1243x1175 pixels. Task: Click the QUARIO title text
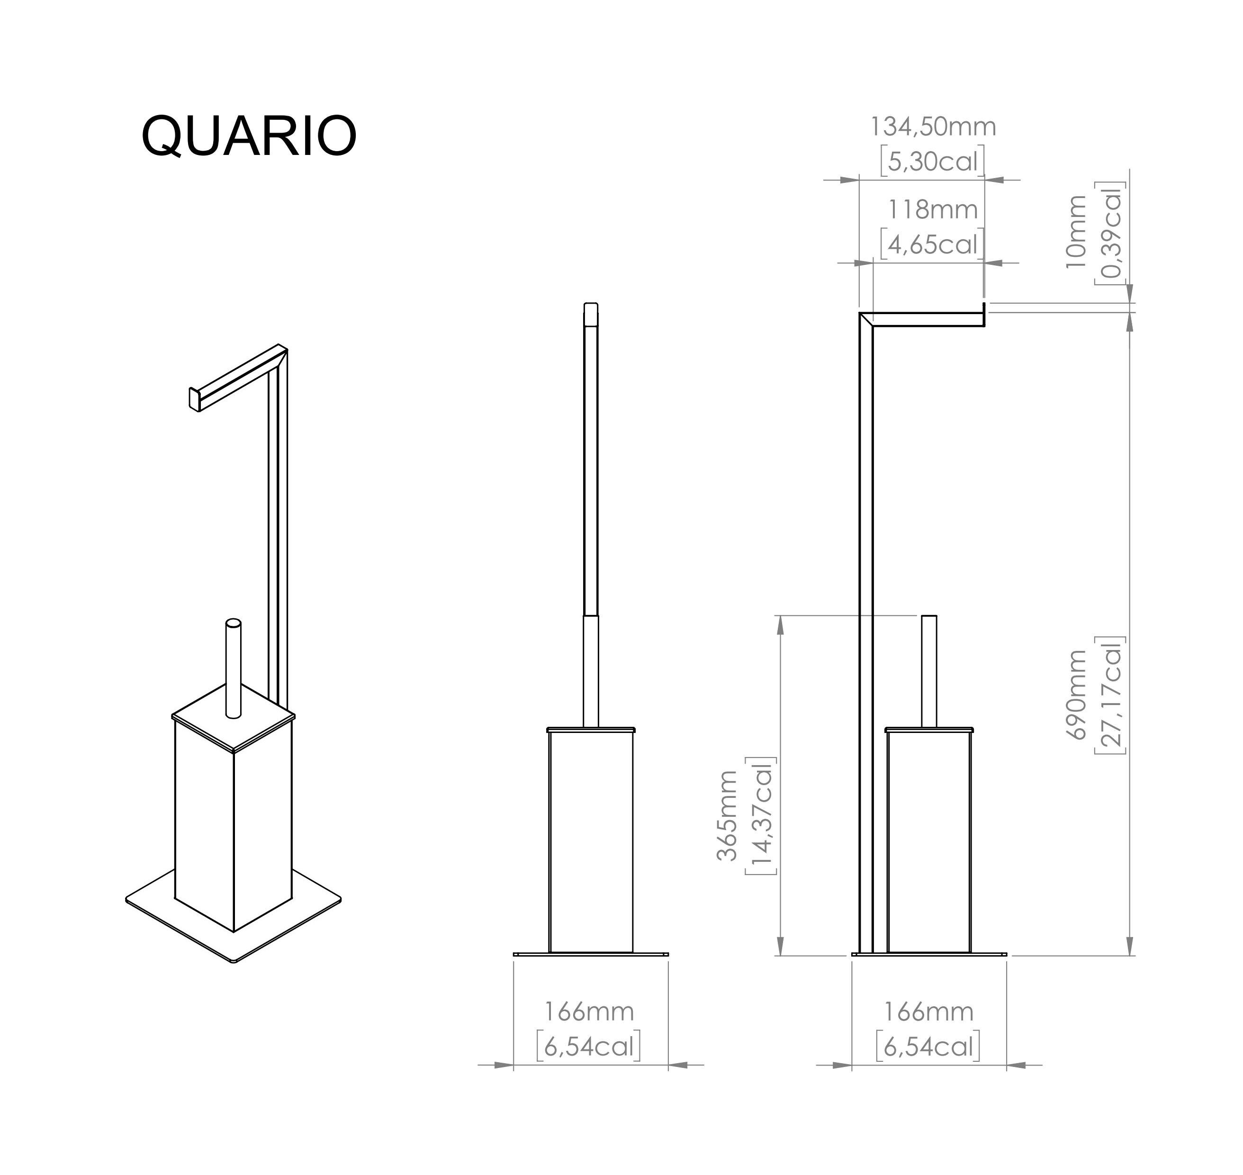click(249, 136)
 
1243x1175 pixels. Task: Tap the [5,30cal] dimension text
click(932, 162)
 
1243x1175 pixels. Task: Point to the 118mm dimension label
click(932, 210)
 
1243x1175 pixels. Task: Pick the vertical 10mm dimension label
click(1076, 232)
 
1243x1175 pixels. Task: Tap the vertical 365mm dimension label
click(727, 815)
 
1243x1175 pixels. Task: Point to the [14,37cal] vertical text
click(761, 815)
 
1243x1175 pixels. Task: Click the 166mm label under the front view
click(589, 1012)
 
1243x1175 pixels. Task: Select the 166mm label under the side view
click(928, 1012)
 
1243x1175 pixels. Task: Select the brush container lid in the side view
click(928, 729)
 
